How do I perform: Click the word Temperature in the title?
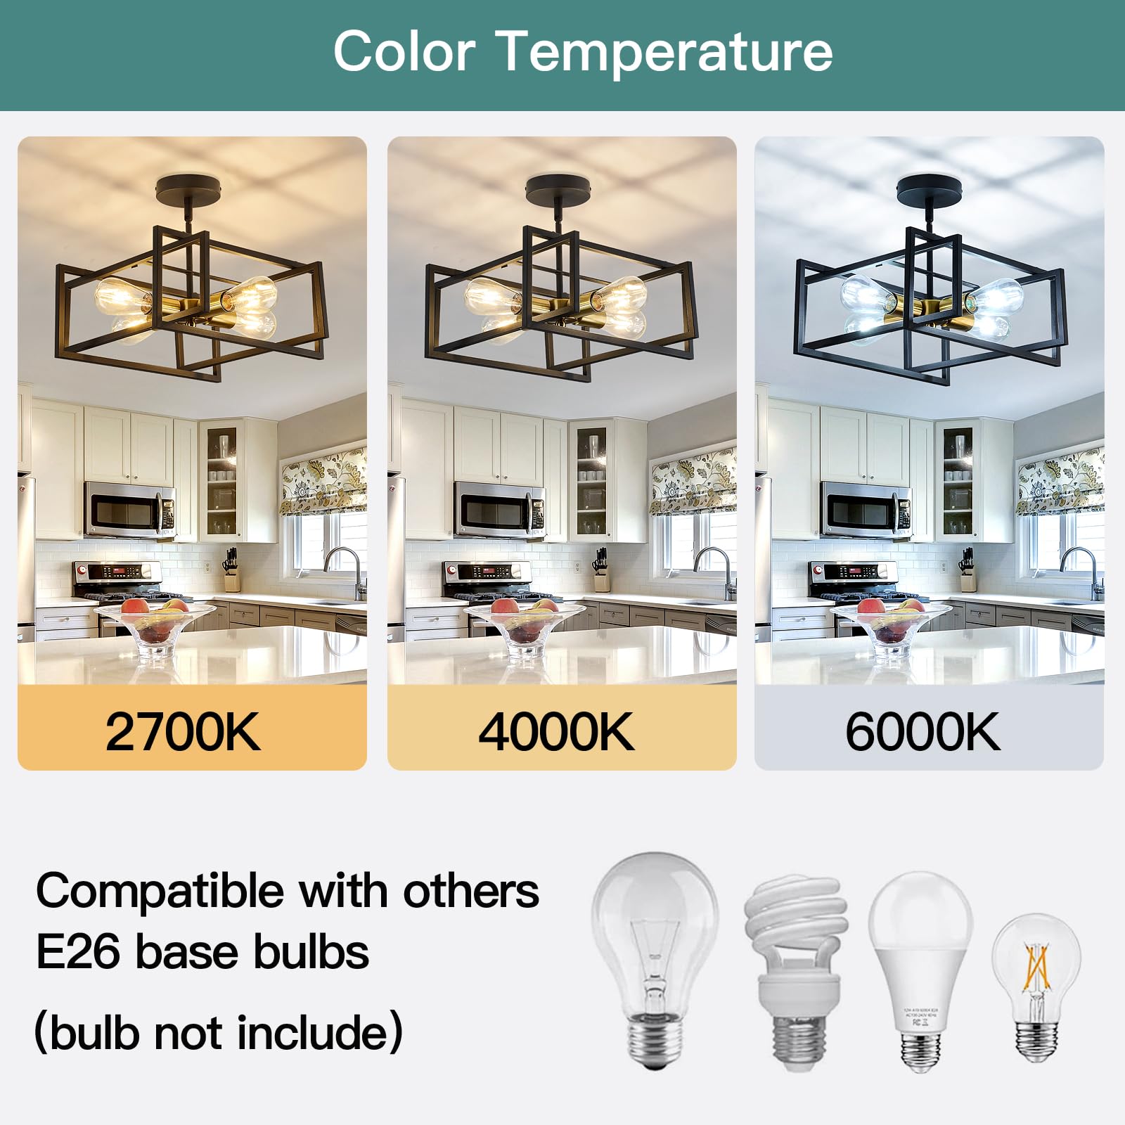664,51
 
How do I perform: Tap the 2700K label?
183,732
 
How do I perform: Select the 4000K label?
556,732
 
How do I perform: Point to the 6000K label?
922,732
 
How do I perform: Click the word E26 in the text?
79,952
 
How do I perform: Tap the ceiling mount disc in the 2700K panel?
188,190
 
